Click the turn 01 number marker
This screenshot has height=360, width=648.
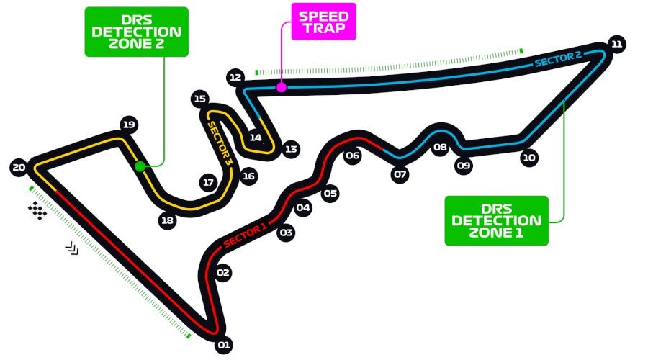pos(224,346)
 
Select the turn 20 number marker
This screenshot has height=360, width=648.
pos(19,168)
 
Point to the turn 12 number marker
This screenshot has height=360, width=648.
pos(235,76)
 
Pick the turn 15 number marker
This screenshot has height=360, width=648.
pos(200,99)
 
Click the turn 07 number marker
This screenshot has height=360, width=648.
pos(400,174)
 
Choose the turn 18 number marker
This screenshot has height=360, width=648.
pos(168,220)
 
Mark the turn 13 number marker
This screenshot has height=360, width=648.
pos(290,149)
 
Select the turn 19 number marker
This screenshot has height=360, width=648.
pos(129,125)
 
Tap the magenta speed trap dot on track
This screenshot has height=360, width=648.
pos(282,87)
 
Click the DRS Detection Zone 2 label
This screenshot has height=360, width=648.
pos(136,32)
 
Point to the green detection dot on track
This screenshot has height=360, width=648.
pos(140,166)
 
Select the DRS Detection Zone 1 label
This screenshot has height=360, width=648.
pos(496,220)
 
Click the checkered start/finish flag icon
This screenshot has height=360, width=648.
pos(37,211)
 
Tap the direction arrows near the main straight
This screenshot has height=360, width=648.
pos(72,248)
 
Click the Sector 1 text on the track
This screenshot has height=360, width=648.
pos(245,233)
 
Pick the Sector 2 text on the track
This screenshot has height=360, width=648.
pos(558,59)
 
